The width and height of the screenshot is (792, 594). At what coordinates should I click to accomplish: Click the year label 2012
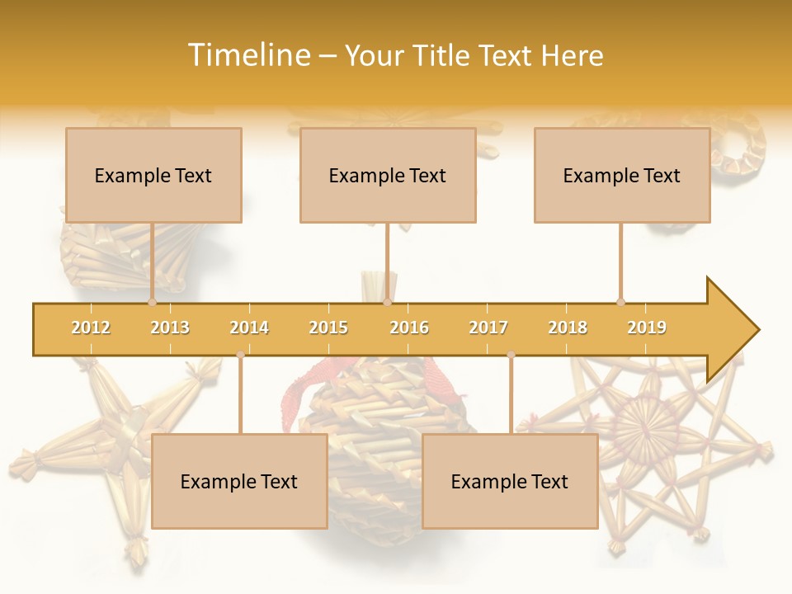[91, 328]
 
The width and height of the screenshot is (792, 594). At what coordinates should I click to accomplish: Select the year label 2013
[170, 328]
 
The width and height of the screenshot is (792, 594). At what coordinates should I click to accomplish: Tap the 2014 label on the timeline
[249, 328]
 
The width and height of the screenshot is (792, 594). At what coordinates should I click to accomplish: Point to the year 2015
[328, 328]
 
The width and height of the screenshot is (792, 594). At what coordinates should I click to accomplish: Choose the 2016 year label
[409, 328]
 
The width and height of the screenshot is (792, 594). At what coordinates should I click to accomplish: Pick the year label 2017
[488, 328]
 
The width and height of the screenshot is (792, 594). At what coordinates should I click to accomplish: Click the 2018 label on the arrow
[568, 328]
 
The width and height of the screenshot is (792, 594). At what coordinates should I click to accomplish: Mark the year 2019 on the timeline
[647, 328]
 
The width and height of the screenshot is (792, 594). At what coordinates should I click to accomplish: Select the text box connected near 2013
[153, 175]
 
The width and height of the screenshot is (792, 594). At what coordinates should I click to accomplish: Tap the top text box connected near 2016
[388, 175]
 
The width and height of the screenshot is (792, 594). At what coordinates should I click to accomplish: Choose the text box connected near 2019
[622, 175]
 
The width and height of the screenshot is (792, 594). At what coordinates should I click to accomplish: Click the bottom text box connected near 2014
[239, 481]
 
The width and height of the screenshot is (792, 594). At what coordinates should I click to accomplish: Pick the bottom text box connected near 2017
[510, 481]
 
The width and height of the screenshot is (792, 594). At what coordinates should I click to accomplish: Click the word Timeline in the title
[247, 55]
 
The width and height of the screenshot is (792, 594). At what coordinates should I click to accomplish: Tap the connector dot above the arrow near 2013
[152, 302]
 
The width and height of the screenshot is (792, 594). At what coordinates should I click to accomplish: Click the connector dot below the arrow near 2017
[511, 355]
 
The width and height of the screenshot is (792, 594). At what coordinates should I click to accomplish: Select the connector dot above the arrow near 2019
[620, 302]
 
